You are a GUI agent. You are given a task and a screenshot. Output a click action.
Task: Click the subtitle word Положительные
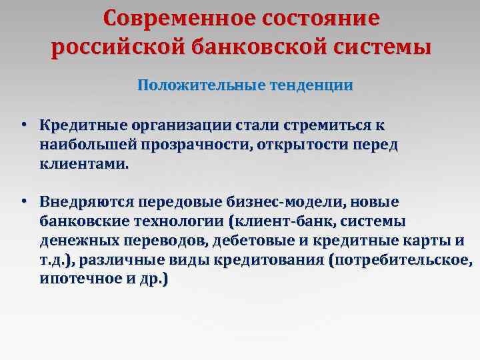(191, 85)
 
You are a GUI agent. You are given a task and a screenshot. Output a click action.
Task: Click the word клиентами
(82, 163)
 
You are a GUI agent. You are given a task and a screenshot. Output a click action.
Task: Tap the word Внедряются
(87, 201)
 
